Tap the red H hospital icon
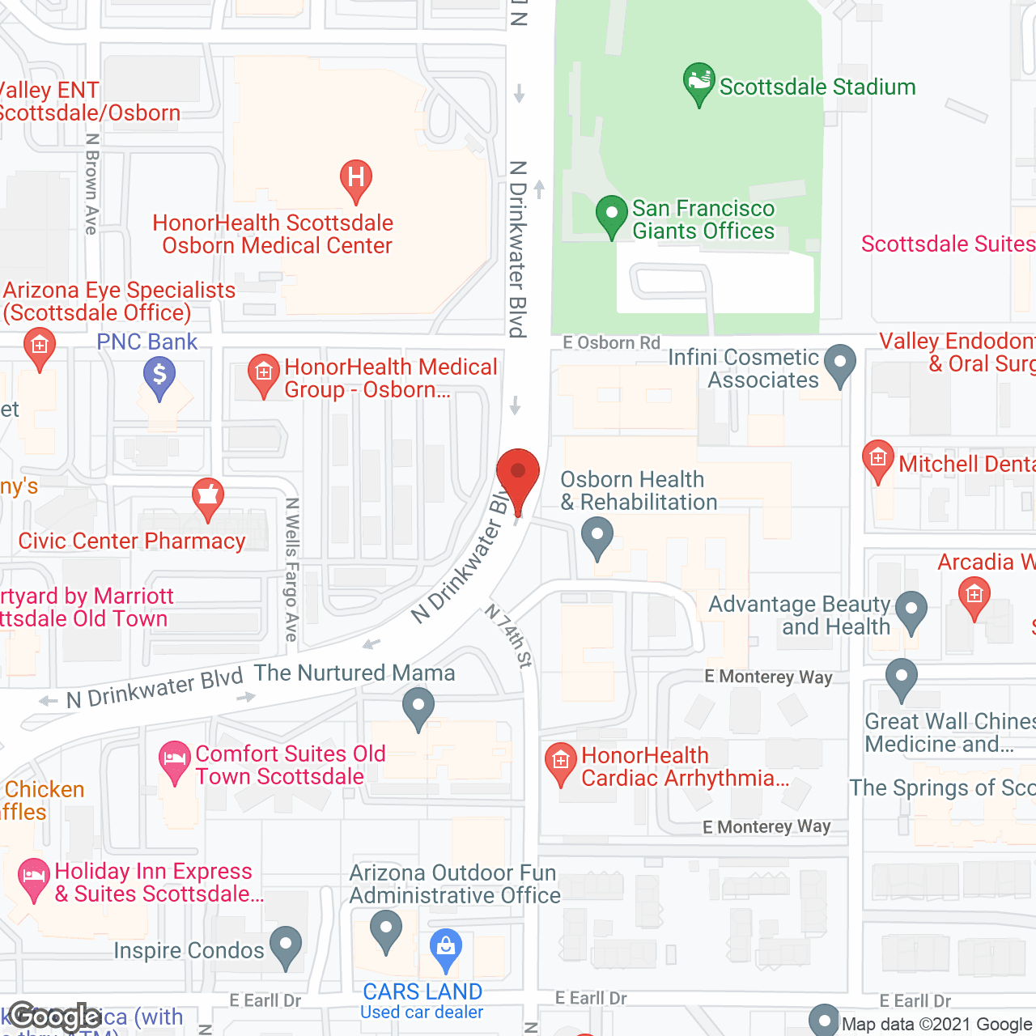(x=355, y=177)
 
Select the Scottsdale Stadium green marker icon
(x=698, y=82)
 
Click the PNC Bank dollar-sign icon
(x=159, y=376)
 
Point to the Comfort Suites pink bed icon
(x=175, y=760)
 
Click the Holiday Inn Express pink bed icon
(x=33, y=877)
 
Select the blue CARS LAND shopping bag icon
(x=445, y=947)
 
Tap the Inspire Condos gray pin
(x=285, y=945)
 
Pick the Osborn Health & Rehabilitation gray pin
(x=597, y=537)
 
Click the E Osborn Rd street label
(x=612, y=342)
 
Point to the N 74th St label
(x=509, y=635)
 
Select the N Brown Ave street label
(x=91, y=185)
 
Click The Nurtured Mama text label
(x=355, y=673)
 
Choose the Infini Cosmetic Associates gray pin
(x=839, y=363)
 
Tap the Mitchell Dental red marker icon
(x=878, y=459)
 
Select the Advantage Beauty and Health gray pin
(x=911, y=610)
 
